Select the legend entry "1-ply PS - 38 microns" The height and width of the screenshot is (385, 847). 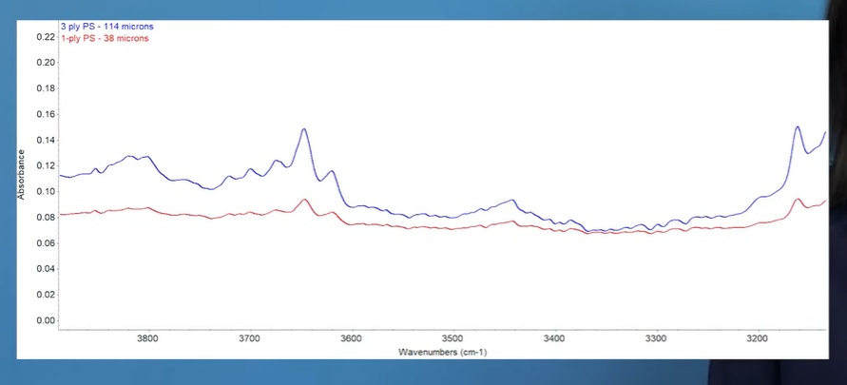tap(104, 39)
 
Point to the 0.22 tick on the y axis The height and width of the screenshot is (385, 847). tap(45, 36)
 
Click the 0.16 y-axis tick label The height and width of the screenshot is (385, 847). tap(45, 114)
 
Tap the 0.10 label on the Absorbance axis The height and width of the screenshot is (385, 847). tap(45, 191)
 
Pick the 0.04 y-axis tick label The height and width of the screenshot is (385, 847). tap(45, 269)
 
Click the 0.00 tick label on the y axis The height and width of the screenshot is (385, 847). tap(45, 320)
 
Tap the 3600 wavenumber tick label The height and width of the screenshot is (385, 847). tap(351, 338)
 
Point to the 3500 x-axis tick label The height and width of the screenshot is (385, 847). tap(452, 338)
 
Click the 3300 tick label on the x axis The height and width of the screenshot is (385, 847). tap(656, 338)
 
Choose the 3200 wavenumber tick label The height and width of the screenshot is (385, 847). tap(758, 338)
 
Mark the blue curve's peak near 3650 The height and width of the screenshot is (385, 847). tap(304, 128)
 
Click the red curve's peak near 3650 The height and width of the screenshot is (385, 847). tap(304, 200)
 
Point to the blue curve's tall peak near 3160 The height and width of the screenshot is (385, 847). tap(798, 126)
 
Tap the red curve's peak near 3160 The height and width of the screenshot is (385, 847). tap(798, 199)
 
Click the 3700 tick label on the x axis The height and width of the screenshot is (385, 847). tap(249, 338)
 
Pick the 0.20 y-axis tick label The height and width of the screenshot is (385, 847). tap(45, 62)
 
